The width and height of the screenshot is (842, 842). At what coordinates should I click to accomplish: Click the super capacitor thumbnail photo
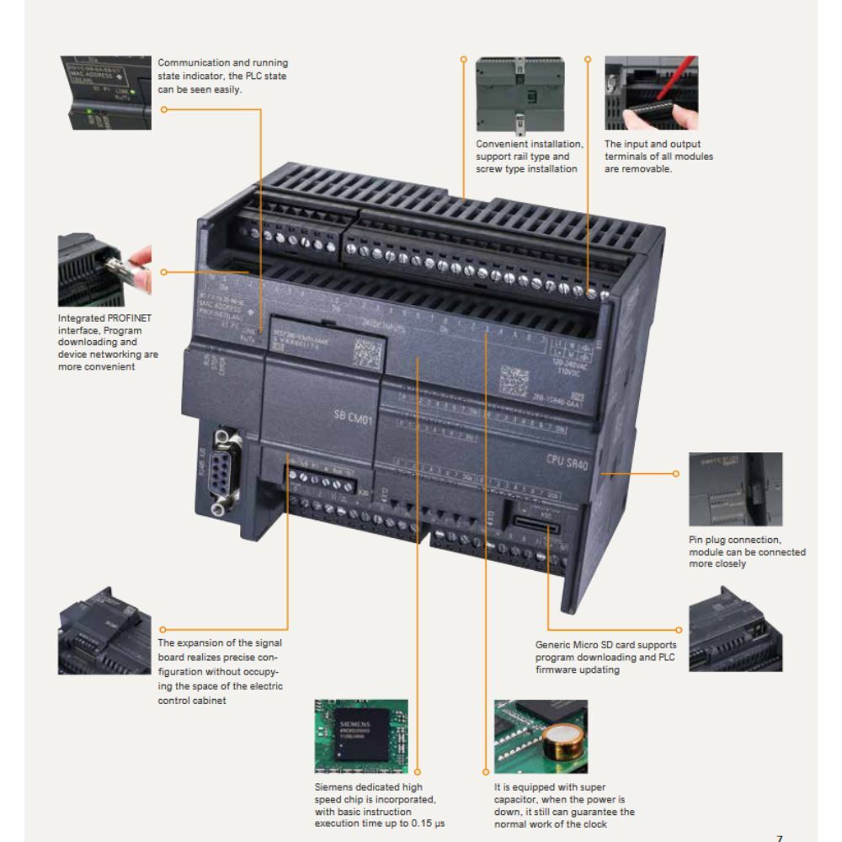pyautogui.click(x=541, y=736)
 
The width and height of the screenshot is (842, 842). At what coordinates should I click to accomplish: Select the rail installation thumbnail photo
pyautogui.click(x=521, y=93)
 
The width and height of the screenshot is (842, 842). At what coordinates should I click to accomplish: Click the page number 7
pyautogui.click(x=779, y=838)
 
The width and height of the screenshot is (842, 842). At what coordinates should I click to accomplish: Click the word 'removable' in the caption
pyautogui.click(x=646, y=169)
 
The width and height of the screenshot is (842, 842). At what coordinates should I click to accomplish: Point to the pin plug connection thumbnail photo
pyautogui.click(x=735, y=489)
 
